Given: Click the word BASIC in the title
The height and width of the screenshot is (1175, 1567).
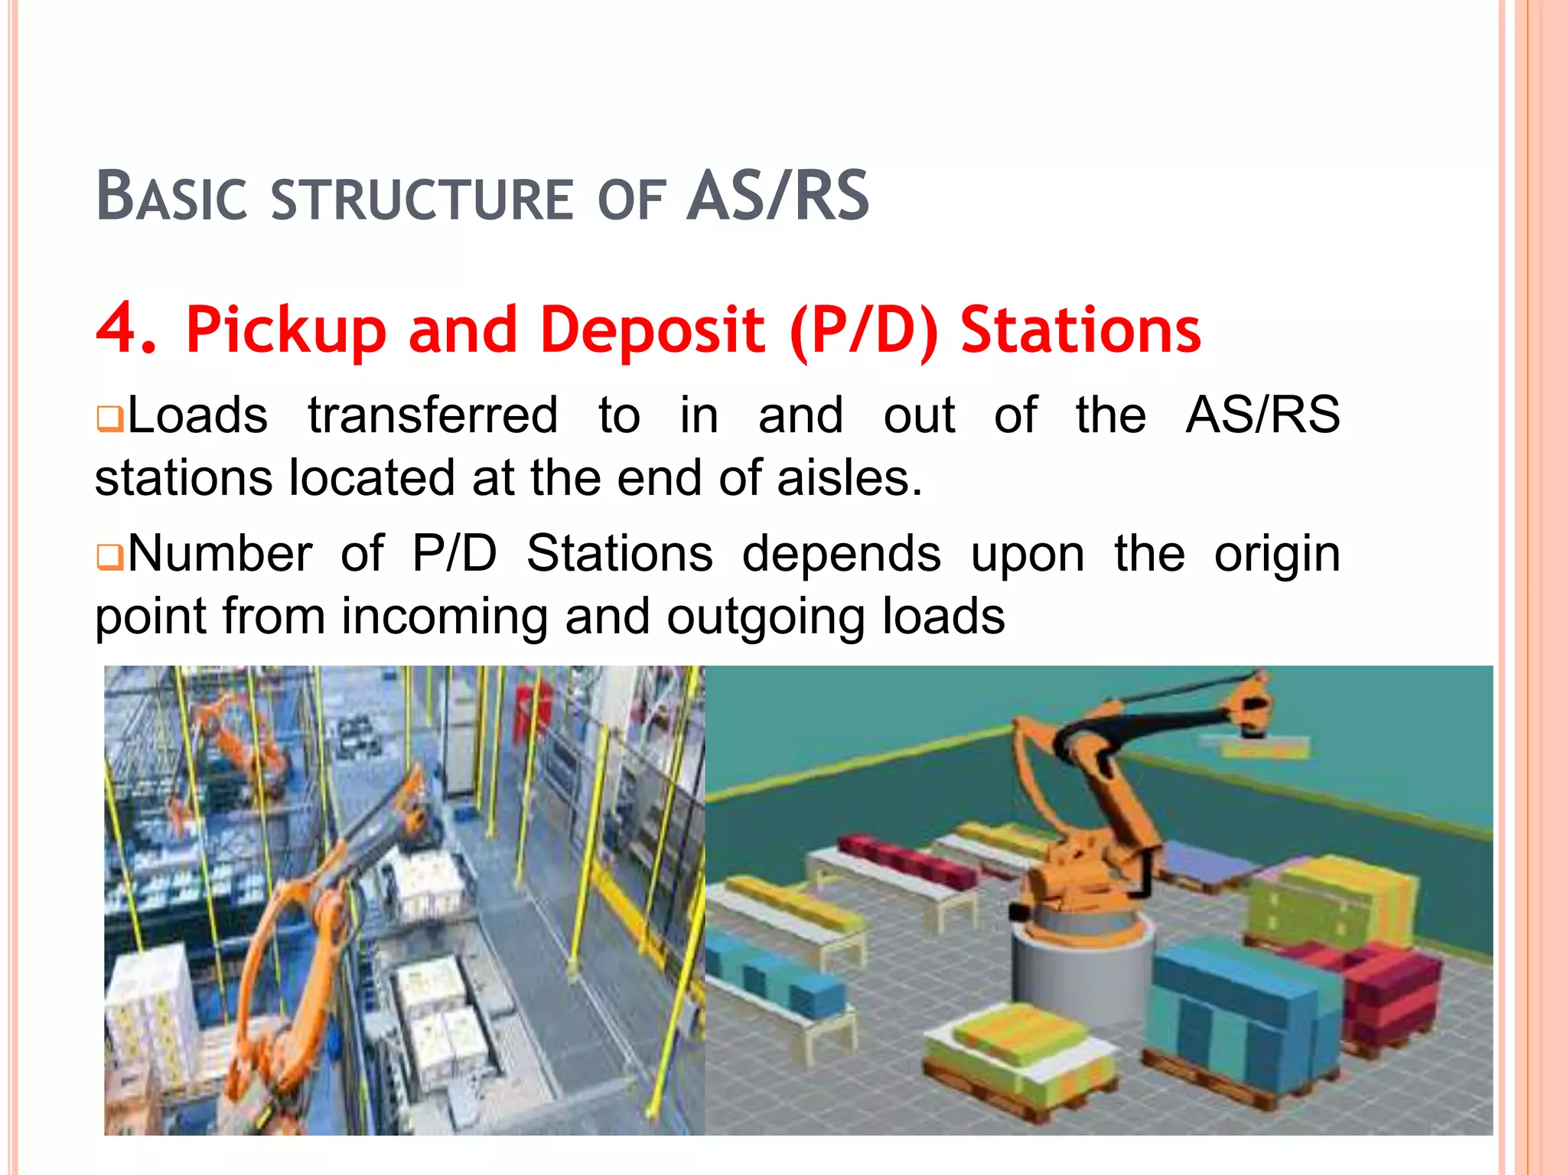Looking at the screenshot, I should [x=171, y=197].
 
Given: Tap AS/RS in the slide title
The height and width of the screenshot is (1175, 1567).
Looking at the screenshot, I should [x=777, y=197].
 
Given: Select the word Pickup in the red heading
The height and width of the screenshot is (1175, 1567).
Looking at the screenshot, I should [x=285, y=330].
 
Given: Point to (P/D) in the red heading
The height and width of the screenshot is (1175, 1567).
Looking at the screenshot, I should [x=864, y=330].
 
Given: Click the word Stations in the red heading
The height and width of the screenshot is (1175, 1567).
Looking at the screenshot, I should [x=1080, y=330].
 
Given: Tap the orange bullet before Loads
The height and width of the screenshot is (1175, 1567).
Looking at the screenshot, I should [x=109, y=420].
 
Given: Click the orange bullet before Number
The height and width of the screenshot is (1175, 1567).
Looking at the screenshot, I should [x=109, y=558].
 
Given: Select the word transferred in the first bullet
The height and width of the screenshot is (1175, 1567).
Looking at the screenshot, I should [x=432, y=415].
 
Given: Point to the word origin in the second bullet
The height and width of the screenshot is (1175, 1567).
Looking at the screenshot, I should [x=1276, y=553].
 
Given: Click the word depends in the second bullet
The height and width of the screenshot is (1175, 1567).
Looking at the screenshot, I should [x=842, y=553].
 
